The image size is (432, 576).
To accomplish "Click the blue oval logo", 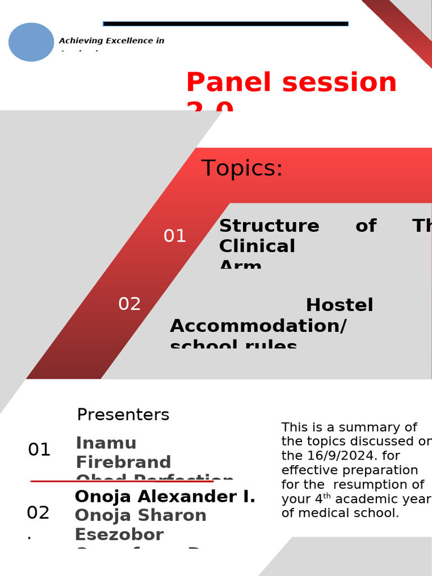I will tap(31, 42).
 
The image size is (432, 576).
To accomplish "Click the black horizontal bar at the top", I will tap(226, 24).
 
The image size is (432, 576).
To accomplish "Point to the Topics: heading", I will tap(242, 169).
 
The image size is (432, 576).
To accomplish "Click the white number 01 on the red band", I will tap(174, 236).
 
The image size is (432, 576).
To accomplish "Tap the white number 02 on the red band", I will tap(129, 304).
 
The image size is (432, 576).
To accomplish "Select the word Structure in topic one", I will tap(269, 226).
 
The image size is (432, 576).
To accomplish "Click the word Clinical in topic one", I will tap(256, 246).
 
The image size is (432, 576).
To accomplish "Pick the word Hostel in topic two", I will tap(339, 305).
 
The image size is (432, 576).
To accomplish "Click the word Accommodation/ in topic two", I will tap(258, 326).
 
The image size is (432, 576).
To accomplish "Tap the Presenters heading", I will tap(123, 415).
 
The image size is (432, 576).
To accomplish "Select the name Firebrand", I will tap(123, 462).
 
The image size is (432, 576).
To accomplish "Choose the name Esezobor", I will tap(119, 534).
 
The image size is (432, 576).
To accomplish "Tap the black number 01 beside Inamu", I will tap(39, 450).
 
